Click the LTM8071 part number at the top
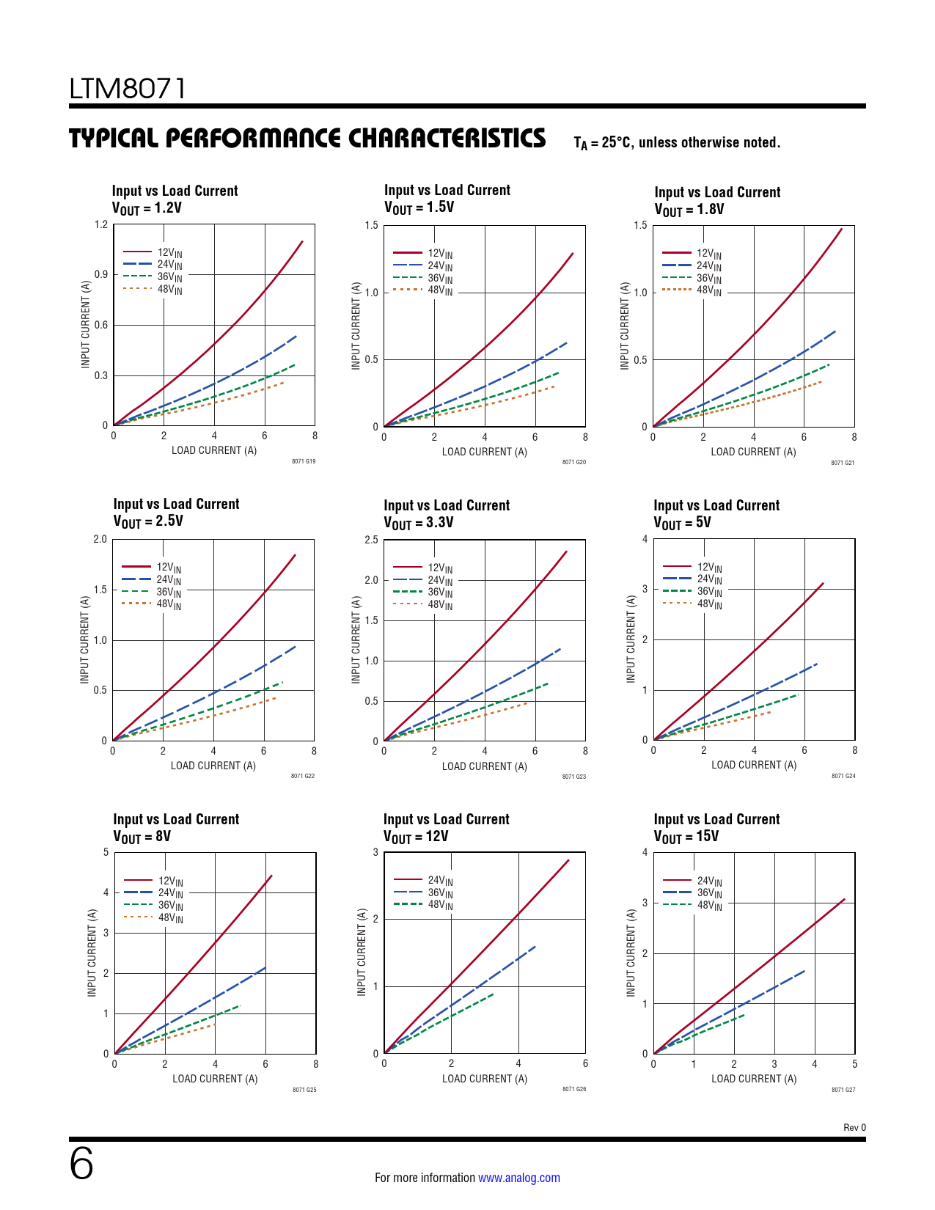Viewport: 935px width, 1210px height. pos(128,89)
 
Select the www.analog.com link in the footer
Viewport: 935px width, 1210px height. pos(518,1178)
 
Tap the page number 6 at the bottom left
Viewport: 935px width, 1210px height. pos(81,1164)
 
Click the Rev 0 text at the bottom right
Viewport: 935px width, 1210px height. pos(854,1127)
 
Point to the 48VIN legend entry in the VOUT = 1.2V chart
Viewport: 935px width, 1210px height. pos(169,289)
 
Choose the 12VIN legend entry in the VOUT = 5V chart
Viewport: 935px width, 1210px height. pos(709,567)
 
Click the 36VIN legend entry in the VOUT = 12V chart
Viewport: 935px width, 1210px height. pos(440,892)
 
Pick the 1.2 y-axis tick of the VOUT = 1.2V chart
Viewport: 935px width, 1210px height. pos(101,224)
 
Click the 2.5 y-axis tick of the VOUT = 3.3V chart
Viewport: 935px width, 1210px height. pos(371,540)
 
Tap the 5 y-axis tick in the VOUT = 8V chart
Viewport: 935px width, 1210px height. pos(106,852)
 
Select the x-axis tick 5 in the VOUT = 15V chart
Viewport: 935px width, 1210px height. pos(854,1064)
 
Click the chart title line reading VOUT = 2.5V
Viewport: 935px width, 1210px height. pos(148,521)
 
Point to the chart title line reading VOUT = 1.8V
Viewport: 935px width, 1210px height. pos(689,210)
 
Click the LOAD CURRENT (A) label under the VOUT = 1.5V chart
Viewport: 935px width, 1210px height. pos(484,452)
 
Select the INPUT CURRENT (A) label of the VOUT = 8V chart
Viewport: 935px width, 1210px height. pos(92,953)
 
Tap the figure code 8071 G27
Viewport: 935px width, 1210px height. pos(843,1090)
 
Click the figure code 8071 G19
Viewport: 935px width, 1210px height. pos(304,461)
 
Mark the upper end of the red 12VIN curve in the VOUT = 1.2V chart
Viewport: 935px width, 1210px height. pos(302,241)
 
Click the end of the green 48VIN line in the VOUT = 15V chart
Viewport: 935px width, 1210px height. pos(744,1015)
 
